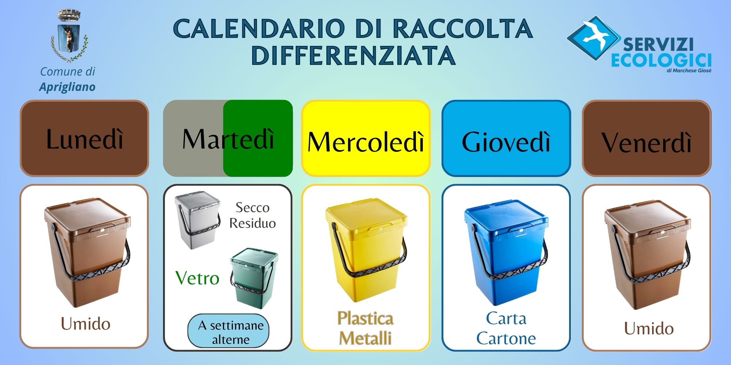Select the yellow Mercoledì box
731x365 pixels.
click(x=366, y=138)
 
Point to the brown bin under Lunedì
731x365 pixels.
click(x=87, y=252)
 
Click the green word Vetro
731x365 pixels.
click(x=197, y=278)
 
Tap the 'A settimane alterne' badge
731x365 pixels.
click(x=228, y=331)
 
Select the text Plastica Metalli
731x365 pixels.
click(x=365, y=328)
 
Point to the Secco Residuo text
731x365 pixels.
click(x=253, y=215)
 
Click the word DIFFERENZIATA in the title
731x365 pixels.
click(x=353, y=55)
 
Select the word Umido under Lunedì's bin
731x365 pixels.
click(x=86, y=324)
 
